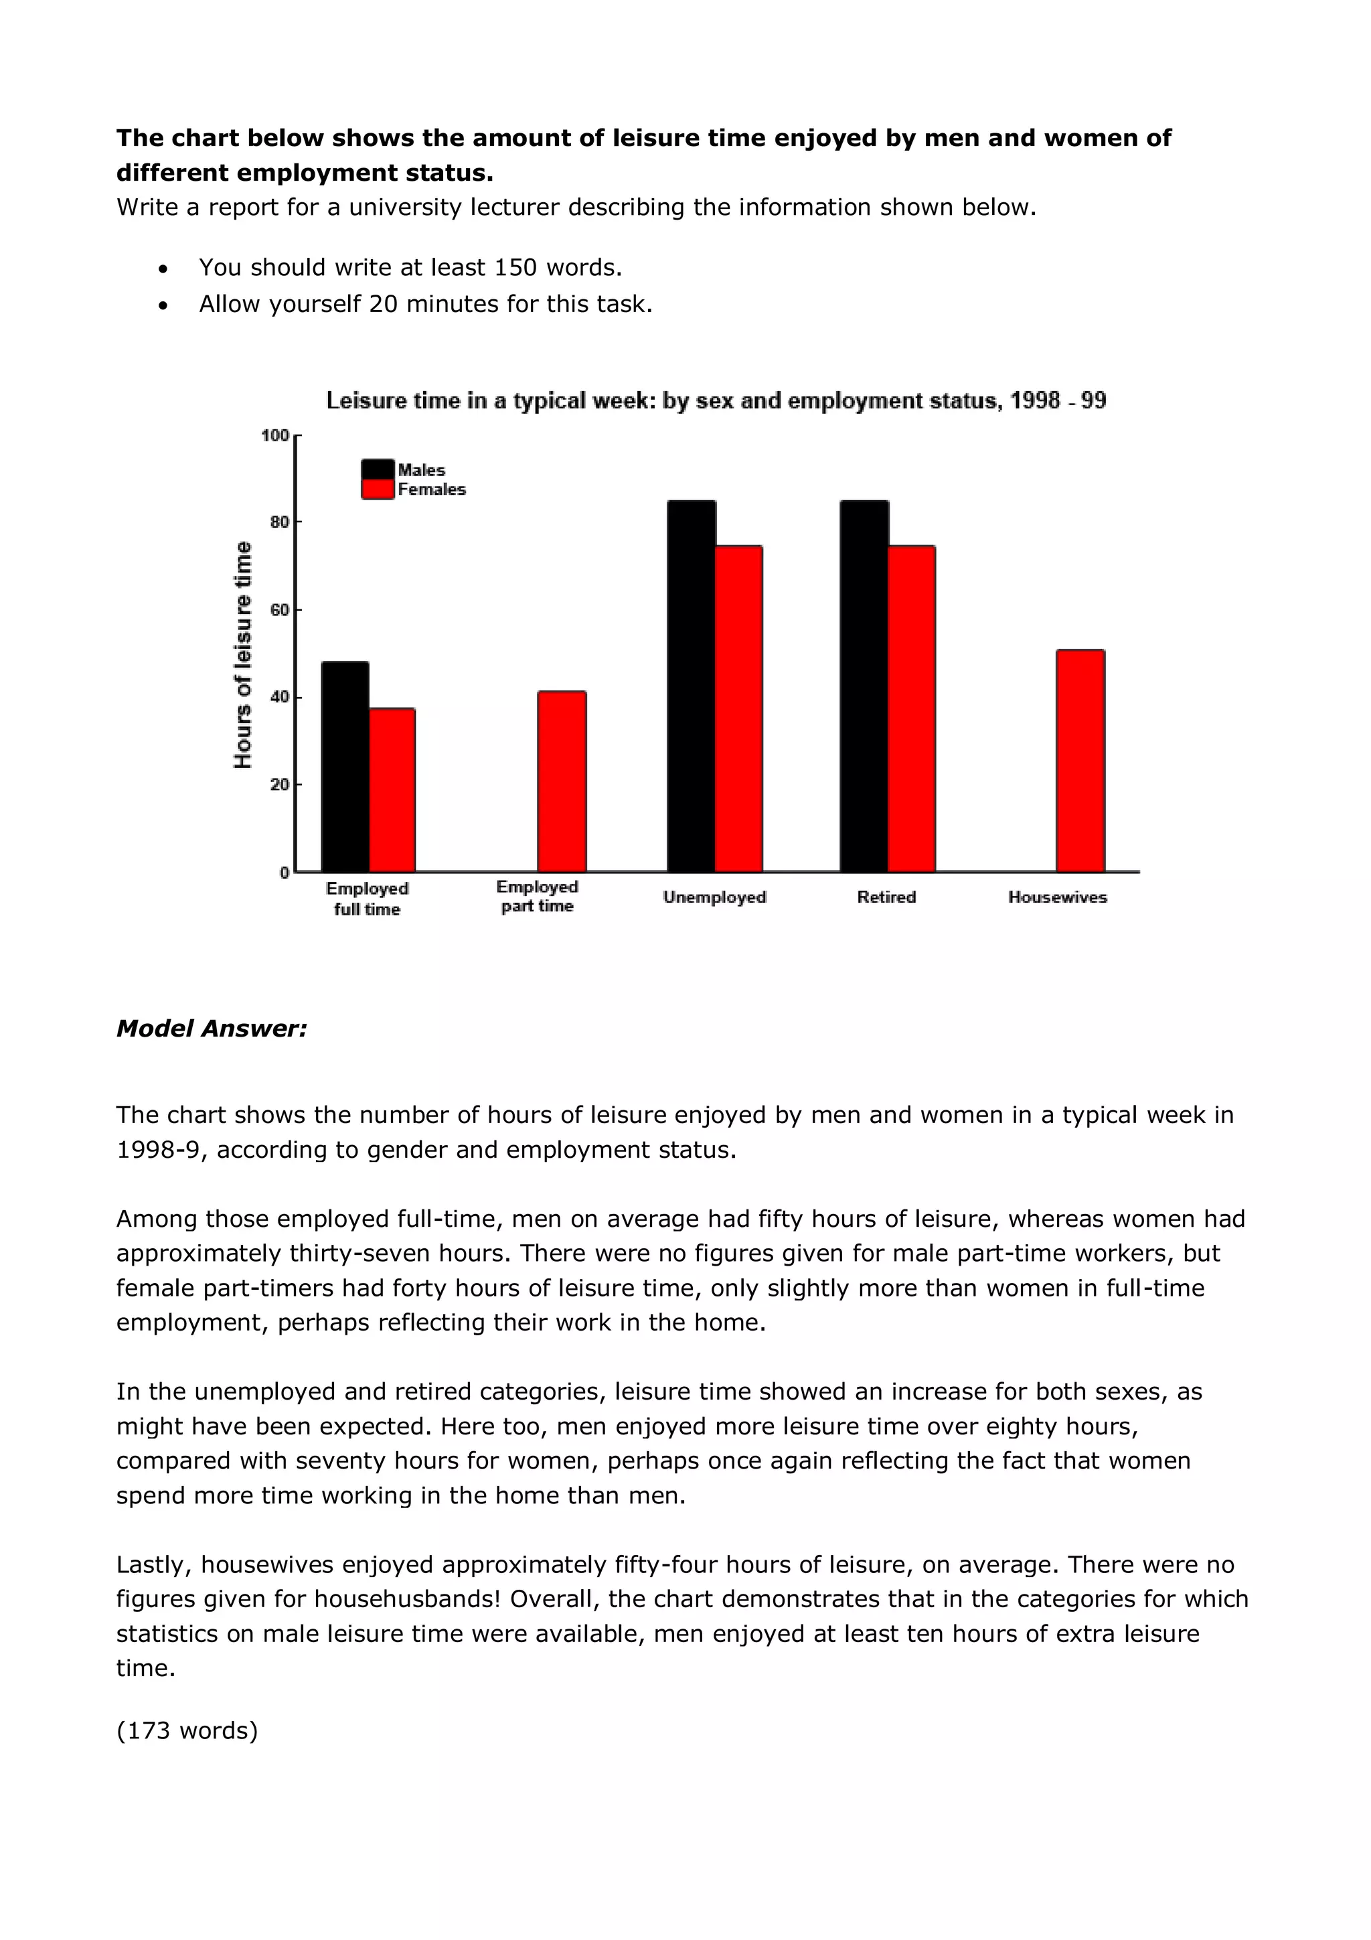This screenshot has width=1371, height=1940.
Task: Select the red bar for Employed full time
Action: click(392, 790)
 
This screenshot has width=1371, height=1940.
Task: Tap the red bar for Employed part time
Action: click(562, 781)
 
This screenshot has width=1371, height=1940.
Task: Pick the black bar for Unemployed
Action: click(691, 686)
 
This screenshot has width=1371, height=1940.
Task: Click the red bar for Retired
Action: click(912, 709)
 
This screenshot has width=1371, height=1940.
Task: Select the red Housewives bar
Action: click(1080, 761)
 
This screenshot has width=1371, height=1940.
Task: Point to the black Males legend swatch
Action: click(378, 469)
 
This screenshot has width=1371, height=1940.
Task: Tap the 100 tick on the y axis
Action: click(275, 435)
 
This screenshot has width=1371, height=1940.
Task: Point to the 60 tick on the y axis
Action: click(278, 609)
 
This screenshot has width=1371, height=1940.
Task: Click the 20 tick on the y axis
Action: click(278, 784)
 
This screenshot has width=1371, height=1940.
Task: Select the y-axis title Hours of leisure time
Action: click(242, 655)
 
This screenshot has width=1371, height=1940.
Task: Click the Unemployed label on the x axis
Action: click(714, 897)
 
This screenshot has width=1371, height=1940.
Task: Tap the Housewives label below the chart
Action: click(1057, 897)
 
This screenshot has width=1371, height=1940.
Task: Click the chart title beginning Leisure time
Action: click(716, 400)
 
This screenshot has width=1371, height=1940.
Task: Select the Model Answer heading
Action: click(211, 1029)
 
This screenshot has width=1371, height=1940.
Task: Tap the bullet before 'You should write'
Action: click(162, 269)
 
